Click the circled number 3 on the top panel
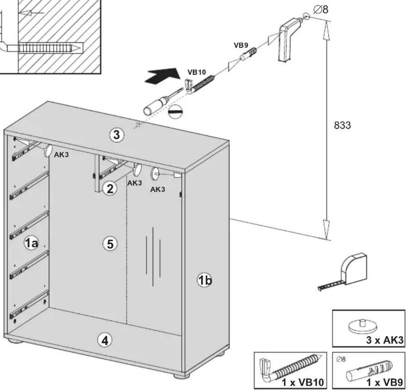[117, 135]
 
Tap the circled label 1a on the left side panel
[31, 243]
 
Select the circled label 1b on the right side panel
[205, 280]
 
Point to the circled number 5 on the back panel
[110, 244]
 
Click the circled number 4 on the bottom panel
[104, 340]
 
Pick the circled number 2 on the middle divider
[110, 188]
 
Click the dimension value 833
[342, 125]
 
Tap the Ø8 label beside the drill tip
[321, 10]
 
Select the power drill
[289, 39]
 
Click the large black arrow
[162, 75]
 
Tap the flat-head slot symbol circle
[175, 112]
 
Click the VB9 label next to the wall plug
[241, 45]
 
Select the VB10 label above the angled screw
[196, 72]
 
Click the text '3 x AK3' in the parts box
[385, 340]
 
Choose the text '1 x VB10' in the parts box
[303, 382]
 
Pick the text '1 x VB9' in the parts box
[384, 382]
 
